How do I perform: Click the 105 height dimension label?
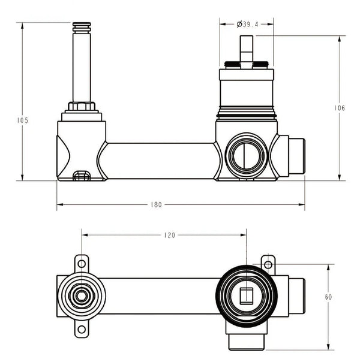click(23, 120)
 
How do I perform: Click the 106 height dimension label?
click(339, 108)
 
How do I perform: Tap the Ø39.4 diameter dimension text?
click(247, 24)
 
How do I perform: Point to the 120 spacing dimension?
click(169, 236)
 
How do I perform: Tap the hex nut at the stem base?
click(82, 108)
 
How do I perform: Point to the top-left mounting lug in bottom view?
click(81, 264)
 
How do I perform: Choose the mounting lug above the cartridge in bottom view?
click(268, 263)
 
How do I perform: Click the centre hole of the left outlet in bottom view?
click(80, 295)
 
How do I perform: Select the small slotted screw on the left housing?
click(80, 176)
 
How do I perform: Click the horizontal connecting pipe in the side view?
click(159, 161)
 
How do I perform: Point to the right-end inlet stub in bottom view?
click(297, 295)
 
